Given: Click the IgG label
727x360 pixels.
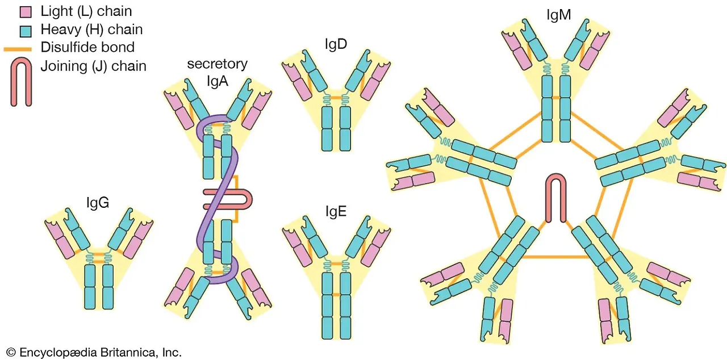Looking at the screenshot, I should [97, 202].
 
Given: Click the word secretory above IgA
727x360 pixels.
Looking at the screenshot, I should [217, 64].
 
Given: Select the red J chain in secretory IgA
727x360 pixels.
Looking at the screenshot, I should [227, 199].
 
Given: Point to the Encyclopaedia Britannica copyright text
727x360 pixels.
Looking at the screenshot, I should [94, 352].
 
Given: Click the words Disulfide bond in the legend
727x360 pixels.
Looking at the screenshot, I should [87, 47].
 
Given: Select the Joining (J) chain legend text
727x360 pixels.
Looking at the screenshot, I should [93, 66].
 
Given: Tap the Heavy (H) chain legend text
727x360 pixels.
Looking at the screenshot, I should [91, 29].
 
